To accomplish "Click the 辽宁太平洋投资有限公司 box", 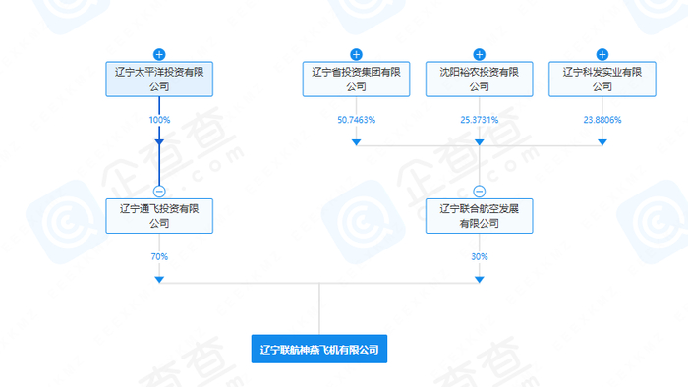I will point(159,79).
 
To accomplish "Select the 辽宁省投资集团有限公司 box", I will point(356,79).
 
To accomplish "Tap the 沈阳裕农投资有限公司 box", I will point(480,79).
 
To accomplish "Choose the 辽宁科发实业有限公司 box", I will point(602,79).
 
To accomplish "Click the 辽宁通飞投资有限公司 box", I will point(159,215).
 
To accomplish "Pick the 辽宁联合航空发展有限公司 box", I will point(480,215).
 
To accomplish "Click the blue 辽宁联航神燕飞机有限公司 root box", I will point(319,349).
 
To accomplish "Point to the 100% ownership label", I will point(159,120).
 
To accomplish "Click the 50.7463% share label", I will point(356,120).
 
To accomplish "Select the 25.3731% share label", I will point(480,120).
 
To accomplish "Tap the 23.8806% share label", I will point(602,120).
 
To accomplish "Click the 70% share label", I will point(159,256).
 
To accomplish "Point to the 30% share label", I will point(480,256).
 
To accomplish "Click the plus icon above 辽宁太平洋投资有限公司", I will point(159,54).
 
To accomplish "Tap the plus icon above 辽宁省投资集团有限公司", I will point(356,54).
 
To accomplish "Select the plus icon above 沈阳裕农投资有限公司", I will point(480,54).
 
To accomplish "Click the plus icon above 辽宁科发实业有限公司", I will point(602,54).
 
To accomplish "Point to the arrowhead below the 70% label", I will point(159,280).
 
